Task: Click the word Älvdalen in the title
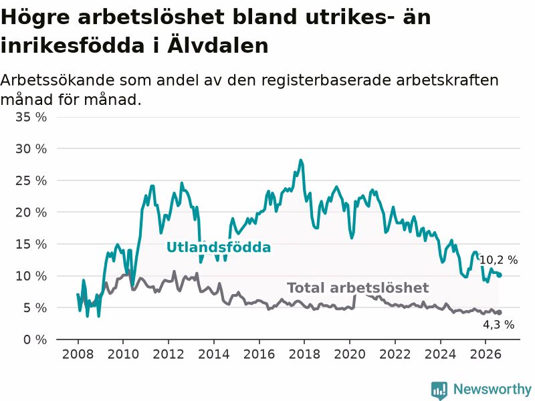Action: [218, 45]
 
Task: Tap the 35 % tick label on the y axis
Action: [31, 118]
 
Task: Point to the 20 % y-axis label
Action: [31, 213]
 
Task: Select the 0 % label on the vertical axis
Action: [35, 340]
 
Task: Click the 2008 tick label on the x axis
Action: [78, 354]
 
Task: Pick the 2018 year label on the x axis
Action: [304, 354]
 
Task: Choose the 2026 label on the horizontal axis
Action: [486, 354]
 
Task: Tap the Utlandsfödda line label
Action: [219, 247]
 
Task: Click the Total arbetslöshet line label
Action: [358, 288]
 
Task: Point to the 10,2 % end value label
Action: [498, 260]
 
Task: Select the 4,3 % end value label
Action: [498, 325]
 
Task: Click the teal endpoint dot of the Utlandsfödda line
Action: [500, 275]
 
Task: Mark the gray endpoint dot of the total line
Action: [500, 312]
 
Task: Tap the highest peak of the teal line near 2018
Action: [300, 160]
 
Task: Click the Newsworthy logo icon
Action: [439, 390]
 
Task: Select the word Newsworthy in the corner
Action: [492, 389]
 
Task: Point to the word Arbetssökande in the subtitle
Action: [58, 80]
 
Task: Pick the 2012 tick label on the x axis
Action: [169, 354]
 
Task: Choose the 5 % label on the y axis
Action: [35, 308]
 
